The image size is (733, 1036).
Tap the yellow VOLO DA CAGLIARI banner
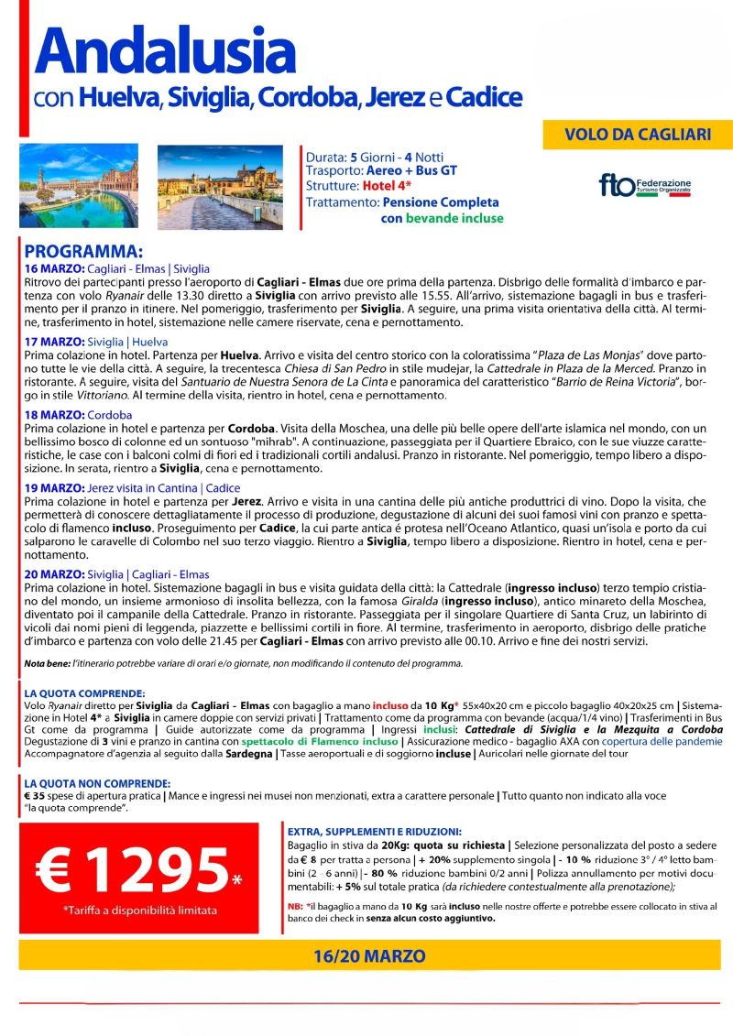pos(638,135)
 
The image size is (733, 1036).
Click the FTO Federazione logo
pos(645,186)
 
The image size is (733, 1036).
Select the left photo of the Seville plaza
pos(79,186)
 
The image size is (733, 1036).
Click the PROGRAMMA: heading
pos(83,252)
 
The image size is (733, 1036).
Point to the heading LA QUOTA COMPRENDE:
pos(84,693)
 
